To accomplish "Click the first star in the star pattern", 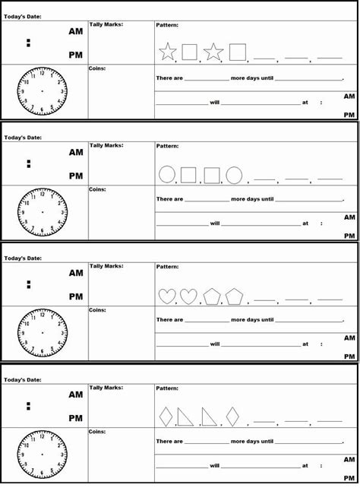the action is coord(167,52).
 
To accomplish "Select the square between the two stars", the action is coord(190,52).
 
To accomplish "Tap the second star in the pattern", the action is coord(213,52).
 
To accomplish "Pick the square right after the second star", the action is coord(238,52).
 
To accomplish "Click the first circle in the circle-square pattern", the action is coord(166,175).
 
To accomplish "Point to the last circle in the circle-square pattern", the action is coord(234,175).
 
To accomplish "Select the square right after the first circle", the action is coord(189,175).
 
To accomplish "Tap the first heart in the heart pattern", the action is coord(166,296).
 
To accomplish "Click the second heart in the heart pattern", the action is coord(188,296).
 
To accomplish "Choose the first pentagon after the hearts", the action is coord(211,296).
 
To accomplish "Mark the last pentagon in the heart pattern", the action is coord(234,296).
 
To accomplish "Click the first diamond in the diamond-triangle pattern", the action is coord(166,417).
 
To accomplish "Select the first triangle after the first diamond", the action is coord(185,417).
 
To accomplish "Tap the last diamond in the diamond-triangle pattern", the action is coord(232,417).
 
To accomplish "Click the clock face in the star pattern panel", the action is coord(43,90).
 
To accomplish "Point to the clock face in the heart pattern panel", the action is coord(43,332).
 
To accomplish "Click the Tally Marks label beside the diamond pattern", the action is coord(106,387).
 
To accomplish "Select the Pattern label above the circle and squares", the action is coord(167,145).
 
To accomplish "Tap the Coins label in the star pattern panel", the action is coord(97,68).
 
